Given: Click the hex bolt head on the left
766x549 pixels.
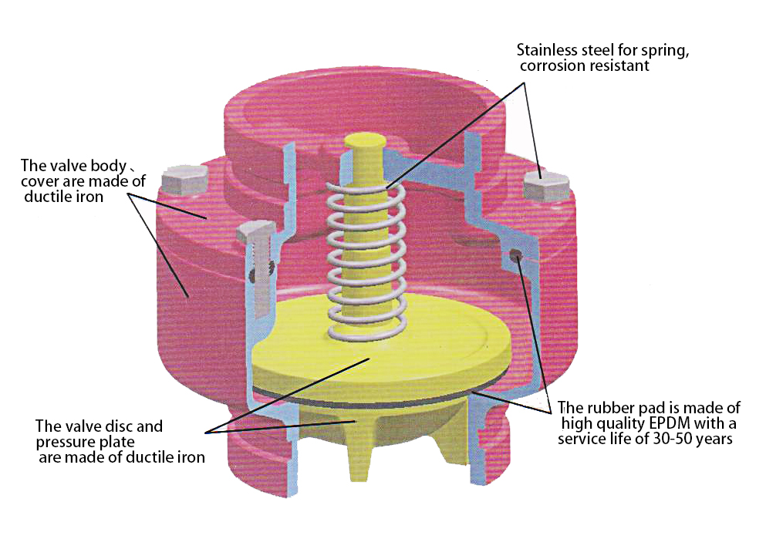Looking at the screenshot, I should (184, 181).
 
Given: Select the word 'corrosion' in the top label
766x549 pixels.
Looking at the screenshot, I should (549, 66).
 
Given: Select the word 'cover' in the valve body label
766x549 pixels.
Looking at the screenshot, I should (40, 181).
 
